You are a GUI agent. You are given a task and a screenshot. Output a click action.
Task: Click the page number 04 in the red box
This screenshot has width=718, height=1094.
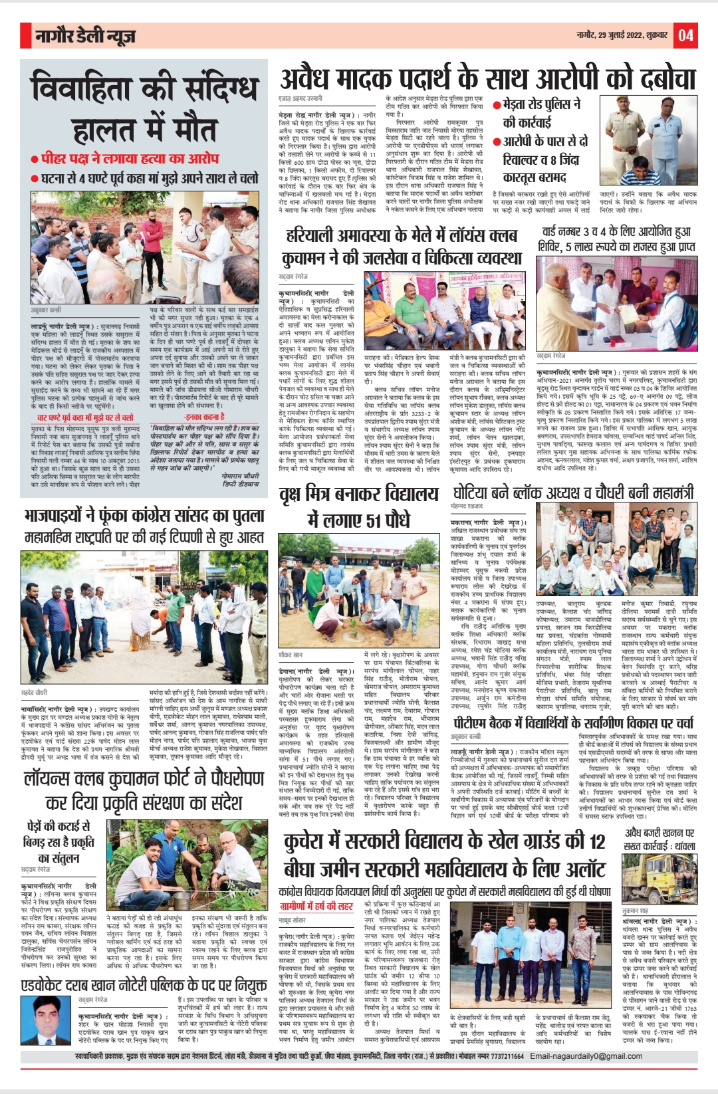[685, 35]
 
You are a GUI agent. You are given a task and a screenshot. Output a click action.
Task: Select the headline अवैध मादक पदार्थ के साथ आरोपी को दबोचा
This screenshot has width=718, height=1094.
[487, 79]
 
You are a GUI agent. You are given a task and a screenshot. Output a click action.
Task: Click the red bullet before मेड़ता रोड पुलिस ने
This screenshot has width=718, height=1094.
[497, 105]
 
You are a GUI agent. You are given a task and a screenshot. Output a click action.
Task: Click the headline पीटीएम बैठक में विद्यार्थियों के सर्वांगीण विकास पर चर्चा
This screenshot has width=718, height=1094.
[573, 723]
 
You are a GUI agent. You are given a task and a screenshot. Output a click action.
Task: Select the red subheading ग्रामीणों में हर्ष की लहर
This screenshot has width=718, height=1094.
[316, 906]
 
